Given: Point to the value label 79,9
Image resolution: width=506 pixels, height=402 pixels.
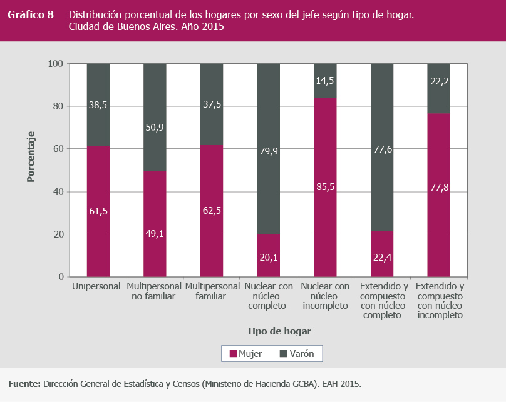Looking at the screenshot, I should [268, 150].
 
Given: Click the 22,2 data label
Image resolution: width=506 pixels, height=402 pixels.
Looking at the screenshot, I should [438, 80].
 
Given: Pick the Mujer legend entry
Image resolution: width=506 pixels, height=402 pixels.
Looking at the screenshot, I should [245, 354].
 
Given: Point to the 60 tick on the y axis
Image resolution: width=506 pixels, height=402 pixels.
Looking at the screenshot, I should [58, 149].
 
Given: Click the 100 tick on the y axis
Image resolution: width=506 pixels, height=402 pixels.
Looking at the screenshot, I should [56, 64].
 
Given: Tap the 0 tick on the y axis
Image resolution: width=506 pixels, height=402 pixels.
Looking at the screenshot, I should [61, 277].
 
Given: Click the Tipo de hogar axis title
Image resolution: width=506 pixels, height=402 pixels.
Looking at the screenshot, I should [279, 331].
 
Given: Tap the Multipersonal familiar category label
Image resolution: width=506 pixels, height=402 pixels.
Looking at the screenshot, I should [211, 291].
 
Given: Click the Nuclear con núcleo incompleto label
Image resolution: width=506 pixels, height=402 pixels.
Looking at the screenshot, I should [325, 296].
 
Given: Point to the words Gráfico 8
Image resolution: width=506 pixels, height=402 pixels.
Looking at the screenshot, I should [31, 14].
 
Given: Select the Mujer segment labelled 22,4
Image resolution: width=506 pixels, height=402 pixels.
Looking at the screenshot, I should [381, 256].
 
